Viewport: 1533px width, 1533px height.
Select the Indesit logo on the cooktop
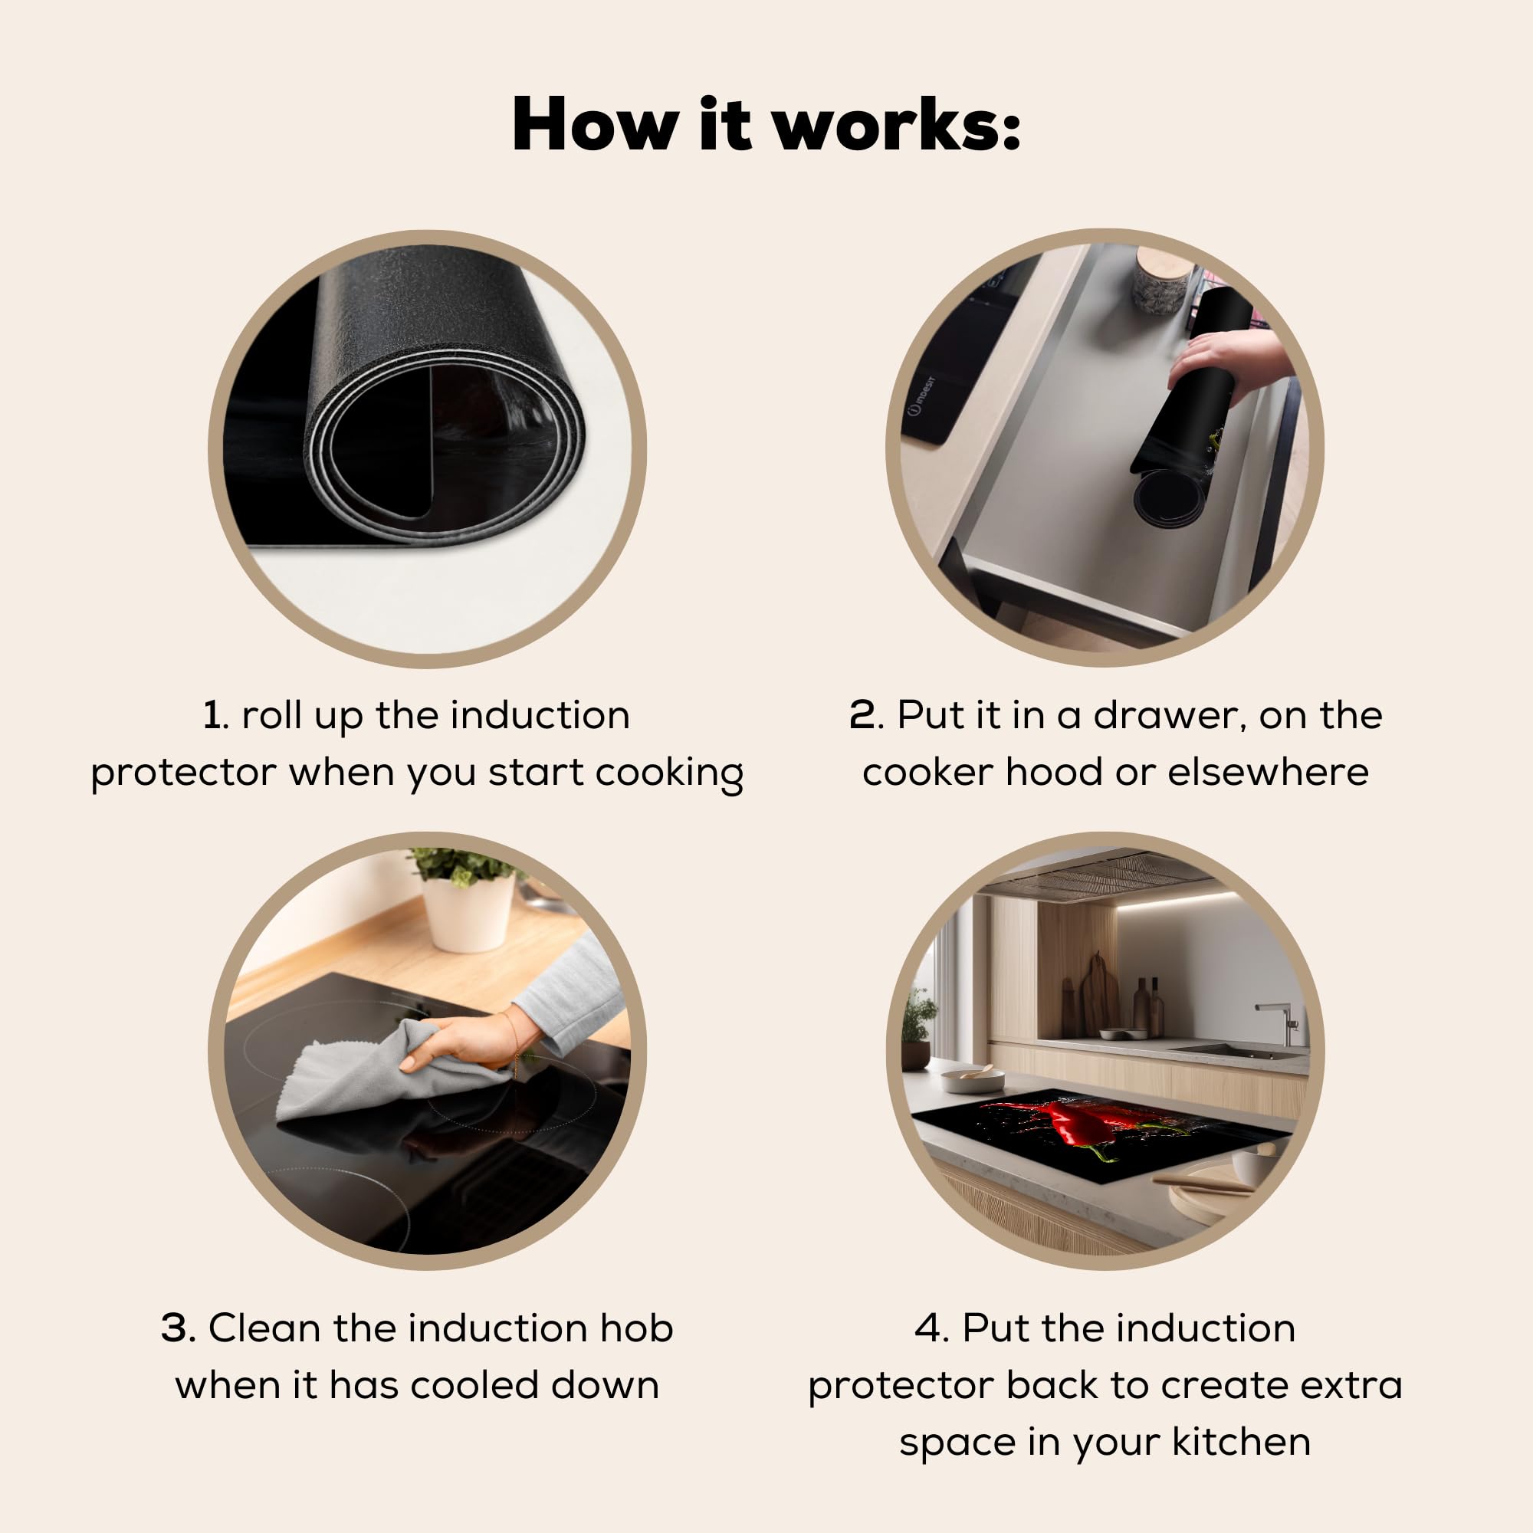922,396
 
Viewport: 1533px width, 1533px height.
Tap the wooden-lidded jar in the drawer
1162,281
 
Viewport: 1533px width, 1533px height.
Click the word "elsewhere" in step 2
1268,772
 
